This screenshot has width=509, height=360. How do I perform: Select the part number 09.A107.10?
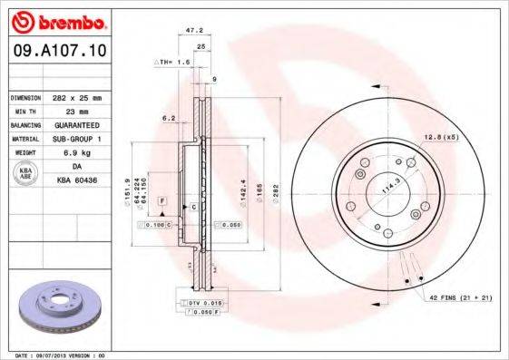click(x=56, y=53)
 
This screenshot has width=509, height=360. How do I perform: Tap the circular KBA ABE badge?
click(x=25, y=173)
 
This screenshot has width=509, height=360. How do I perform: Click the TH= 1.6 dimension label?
click(x=172, y=63)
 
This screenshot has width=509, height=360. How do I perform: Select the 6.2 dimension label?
click(x=168, y=118)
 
